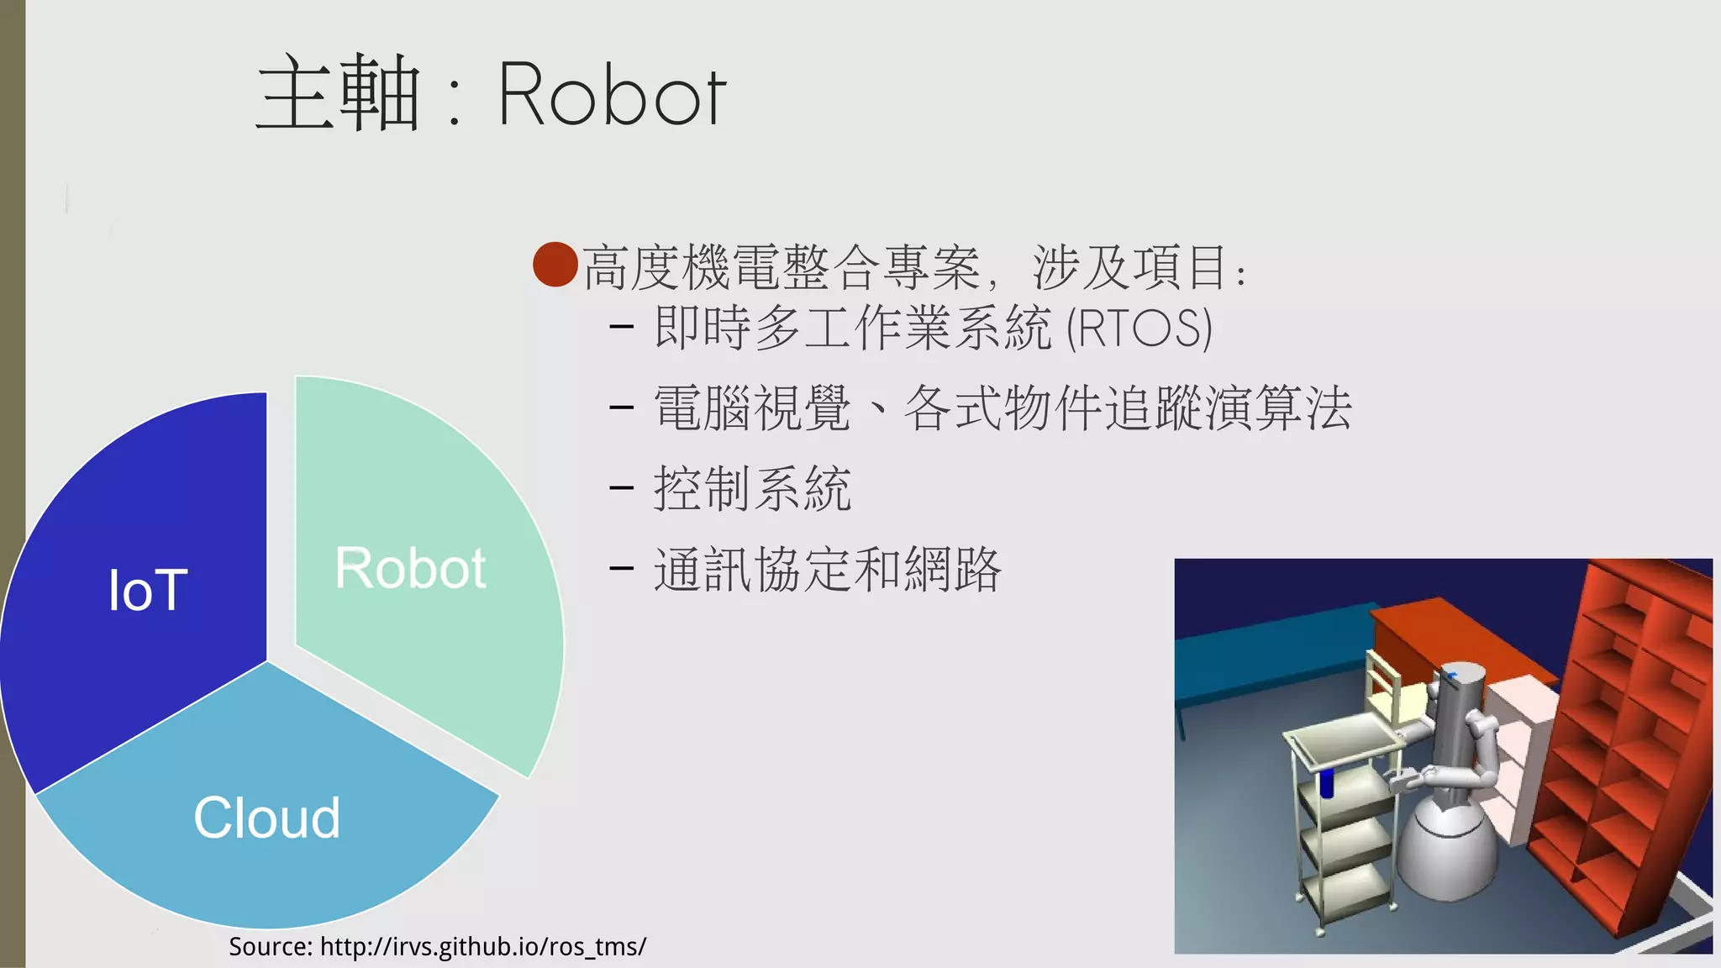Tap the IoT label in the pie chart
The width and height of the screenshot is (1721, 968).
[148, 590]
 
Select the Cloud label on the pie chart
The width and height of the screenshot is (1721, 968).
[266, 818]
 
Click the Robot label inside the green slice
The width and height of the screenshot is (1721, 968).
[410, 568]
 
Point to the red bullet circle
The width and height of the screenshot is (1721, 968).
[555, 265]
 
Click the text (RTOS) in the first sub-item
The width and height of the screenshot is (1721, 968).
[1139, 328]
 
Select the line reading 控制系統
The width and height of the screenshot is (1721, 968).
[752, 488]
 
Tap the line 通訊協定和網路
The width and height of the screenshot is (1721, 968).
[827, 569]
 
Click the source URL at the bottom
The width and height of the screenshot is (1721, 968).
[483, 947]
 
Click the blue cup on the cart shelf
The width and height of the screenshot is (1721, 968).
[1327, 782]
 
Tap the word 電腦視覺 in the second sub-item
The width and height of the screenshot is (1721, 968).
[752, 408]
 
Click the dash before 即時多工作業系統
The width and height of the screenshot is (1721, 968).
[621, 328]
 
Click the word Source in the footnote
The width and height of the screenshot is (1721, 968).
[270, 947]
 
